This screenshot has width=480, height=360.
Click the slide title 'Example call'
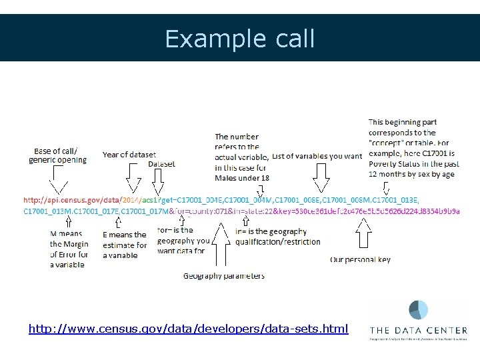(x=240, y=39)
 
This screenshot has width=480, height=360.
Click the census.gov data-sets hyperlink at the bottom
(x=188, y=329)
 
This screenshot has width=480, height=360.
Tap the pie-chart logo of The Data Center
(x=418, y=310)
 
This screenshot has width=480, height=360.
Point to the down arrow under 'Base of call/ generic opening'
(x=58, y=179)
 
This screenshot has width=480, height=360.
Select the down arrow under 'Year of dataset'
(x=133, y=181)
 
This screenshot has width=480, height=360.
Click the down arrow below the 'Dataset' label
(x=158, y=181)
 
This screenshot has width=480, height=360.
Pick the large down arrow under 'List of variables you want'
(x=321, y=178)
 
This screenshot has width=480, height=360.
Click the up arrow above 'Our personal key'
(x=363, y=234)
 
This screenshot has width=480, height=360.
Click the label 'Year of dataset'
(x=129, y=155)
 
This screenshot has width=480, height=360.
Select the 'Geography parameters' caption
(x=224, y=276)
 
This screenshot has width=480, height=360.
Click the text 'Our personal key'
(x=360, y=259)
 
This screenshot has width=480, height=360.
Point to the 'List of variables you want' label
(x=317, y=156)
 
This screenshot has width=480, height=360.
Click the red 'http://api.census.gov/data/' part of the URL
(x=72, y=199)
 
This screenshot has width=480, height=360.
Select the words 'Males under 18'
(x=242, y=178)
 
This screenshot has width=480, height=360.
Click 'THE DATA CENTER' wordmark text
(x=418, y=330)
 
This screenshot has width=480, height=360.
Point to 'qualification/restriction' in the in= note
(x=278, y=242)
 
